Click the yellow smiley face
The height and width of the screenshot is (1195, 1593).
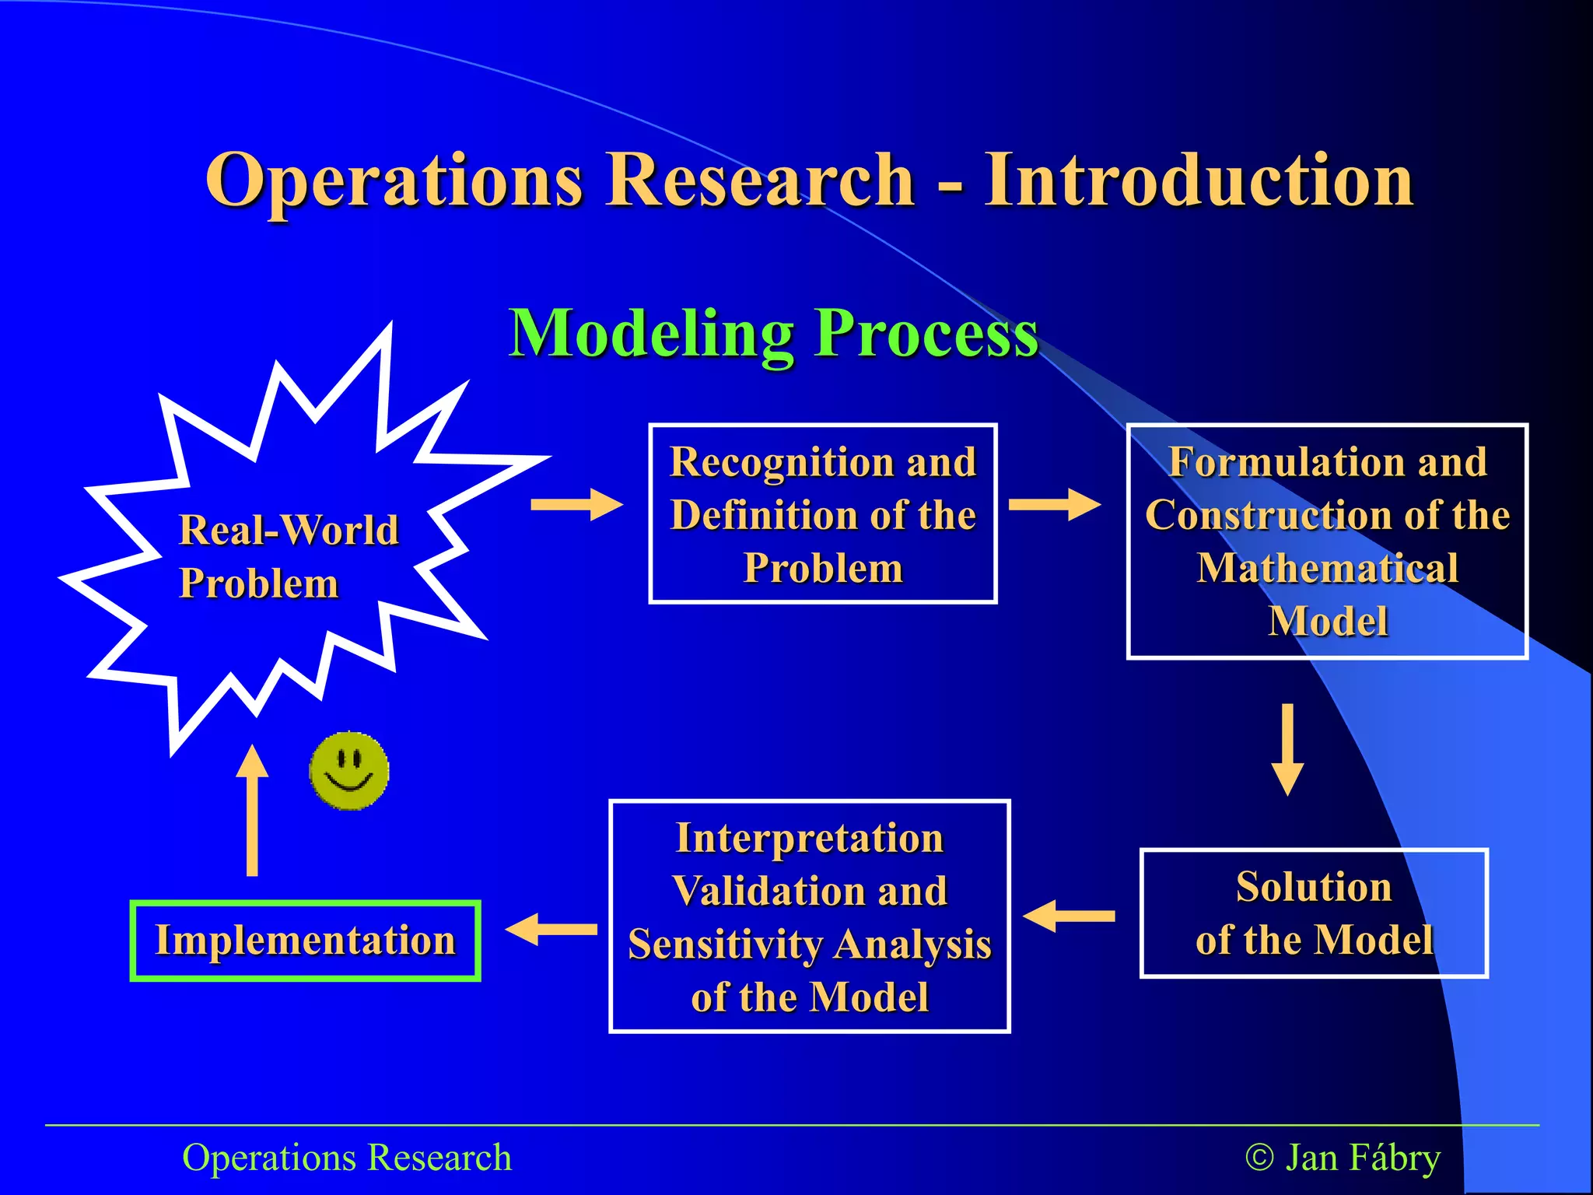[348, 771]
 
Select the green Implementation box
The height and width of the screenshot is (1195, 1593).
[305, 941]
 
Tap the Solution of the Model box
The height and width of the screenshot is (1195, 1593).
[1314, 913]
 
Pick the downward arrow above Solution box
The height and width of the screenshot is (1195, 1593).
[1287, 748]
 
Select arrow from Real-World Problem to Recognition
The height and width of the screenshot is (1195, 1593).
[576, 505]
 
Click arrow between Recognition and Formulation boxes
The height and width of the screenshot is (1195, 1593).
[1054, 505]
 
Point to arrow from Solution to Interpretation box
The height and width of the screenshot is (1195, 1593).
[1069, 916]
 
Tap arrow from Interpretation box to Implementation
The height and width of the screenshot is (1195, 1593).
[551, 929]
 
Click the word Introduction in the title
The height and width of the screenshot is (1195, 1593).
[1199, 180]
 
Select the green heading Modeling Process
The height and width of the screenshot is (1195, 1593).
[773, 333]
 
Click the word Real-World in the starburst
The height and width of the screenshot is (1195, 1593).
[289, 531]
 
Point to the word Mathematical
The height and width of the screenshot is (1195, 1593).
[1327, 568]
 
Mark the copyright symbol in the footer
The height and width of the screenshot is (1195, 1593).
[1259, 1158]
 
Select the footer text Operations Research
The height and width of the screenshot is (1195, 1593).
[347, 1158]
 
